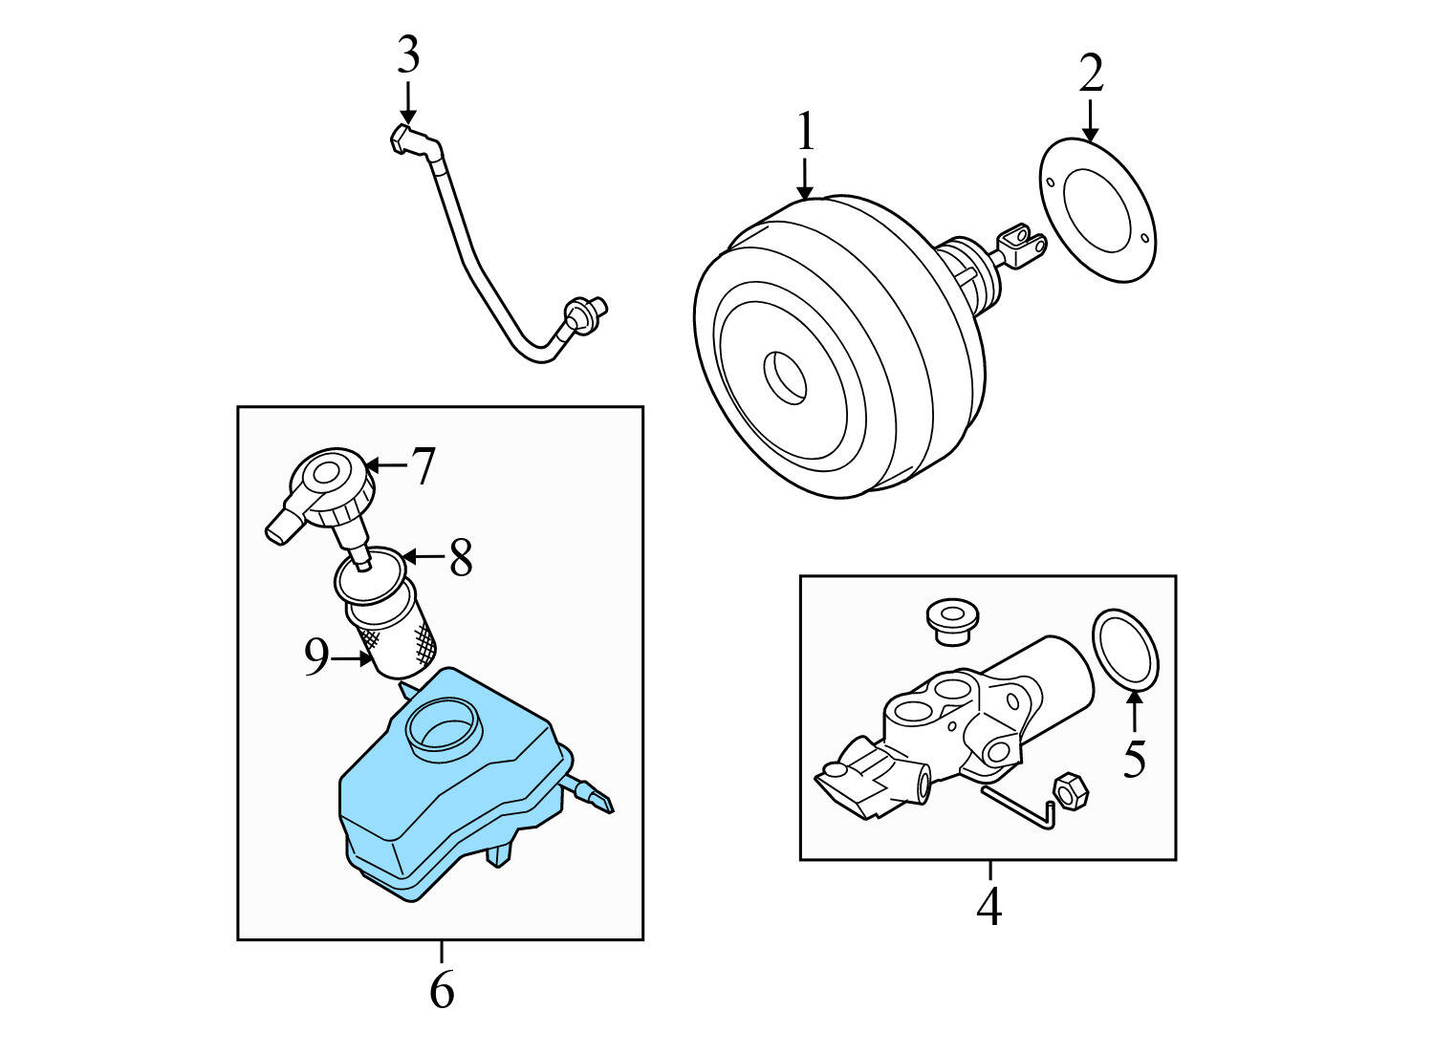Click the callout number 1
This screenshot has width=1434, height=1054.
[806, 132]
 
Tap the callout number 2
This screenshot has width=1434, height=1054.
[1091, 74]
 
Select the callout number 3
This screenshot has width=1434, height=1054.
[408, 55]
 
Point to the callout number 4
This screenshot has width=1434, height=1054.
[989, 906]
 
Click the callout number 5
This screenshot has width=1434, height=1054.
[1134, 759]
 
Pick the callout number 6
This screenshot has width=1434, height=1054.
[442, 991]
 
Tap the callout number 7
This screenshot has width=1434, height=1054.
[424, 466]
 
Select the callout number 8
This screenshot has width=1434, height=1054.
[461, 558]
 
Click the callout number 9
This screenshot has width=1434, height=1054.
[316, 657]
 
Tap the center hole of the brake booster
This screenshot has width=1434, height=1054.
[786, 376]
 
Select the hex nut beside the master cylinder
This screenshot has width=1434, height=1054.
[1068, 792]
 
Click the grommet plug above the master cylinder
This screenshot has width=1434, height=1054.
[945, 621]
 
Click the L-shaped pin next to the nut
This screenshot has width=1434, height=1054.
[1023, 807]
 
